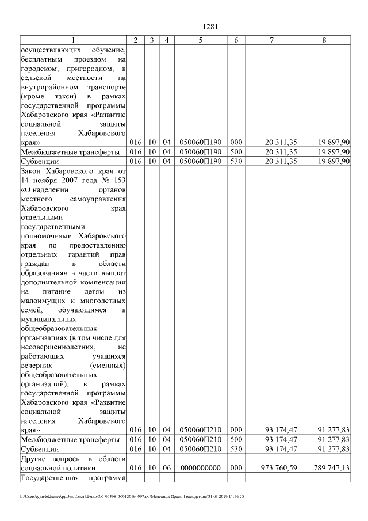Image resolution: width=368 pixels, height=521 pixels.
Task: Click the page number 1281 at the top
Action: pyautogui.click(x=210, y=25)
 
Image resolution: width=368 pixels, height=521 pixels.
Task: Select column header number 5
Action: pyautogui.click(x=200, y=40)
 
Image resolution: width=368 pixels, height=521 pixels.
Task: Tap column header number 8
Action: pyautogui.click(x=324, y=40)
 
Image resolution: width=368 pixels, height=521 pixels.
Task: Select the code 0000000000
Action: pyautogui.click(x=200, y=468)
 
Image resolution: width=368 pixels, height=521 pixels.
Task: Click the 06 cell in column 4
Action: pyautogui.click(x=166, y=468)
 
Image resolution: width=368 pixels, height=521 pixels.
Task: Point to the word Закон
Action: pyautogui.click(x=31, y=171)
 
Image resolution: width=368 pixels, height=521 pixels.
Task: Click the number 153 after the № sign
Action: pyautogui.click(x=120, y=180)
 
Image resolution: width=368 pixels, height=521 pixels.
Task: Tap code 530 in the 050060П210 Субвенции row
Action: pyautogui.click(x=236, y=448)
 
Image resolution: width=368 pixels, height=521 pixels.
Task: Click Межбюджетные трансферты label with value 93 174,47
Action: pyautogui.click(x=70, y=439)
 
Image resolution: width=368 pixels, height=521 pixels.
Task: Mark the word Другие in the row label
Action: pyautogui.click(x=33, y=458)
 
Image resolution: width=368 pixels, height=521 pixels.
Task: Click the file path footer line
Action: pyautogui.click(x=132, y=496)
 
